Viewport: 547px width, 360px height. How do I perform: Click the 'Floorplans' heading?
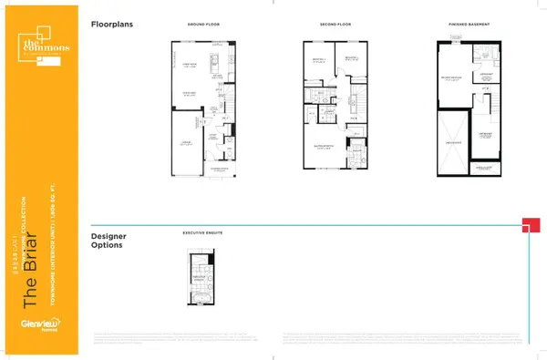click(x=112, y=25)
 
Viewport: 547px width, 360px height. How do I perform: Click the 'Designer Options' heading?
click(x=109, y=240)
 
